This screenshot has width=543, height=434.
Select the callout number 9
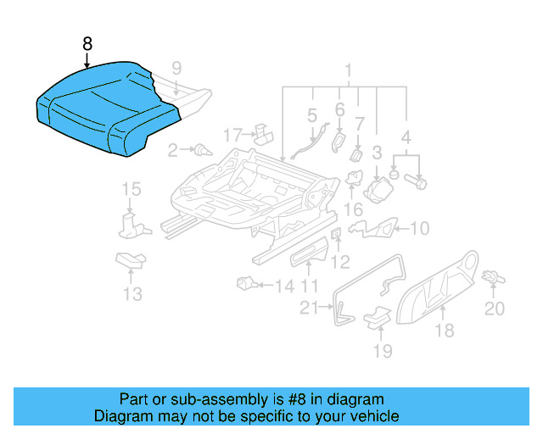pos(176,68)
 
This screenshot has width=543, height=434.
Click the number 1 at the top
pos(347,70)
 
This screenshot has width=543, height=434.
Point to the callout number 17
pos(232,135)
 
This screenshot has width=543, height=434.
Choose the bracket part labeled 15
pos(129,223)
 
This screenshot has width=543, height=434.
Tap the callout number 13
pos(132,294)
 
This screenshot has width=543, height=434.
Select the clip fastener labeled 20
pos(492,278)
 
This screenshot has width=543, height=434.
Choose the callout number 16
pos(354,209)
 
